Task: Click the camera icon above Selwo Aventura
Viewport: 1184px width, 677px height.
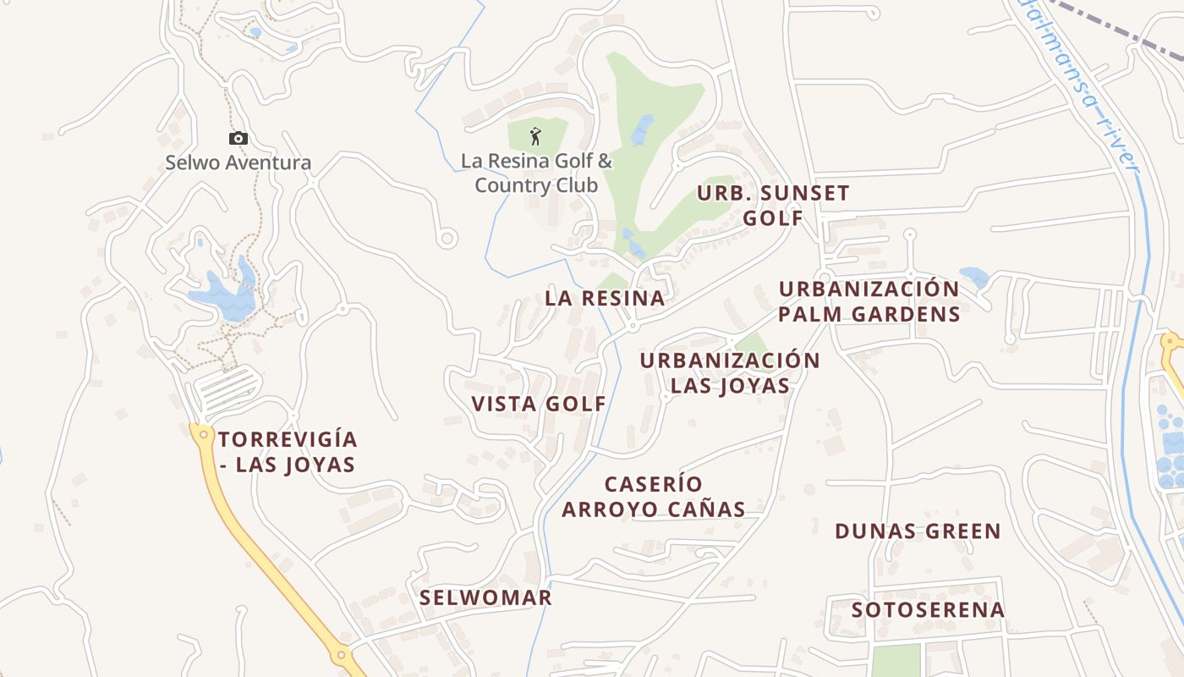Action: (238, 138)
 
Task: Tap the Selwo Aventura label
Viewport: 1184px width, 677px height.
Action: (238, 162)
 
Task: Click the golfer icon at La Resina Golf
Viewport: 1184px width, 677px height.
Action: (534, 135)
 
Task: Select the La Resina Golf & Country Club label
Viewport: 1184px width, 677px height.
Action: (536, 173)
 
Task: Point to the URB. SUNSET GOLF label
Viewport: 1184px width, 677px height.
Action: (773, 205)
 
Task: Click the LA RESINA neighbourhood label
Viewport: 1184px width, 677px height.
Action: (605, 298)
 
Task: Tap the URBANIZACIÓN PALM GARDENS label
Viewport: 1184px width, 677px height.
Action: (869, 301)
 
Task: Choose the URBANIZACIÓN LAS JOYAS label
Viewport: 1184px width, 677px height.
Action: (730, 372)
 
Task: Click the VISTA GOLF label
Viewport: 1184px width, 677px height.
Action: (539, 404)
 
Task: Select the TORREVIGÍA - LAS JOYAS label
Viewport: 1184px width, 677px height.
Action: (288, 452)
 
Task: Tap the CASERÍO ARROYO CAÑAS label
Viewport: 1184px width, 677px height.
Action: (654, 497)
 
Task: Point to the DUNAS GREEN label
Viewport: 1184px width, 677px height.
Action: (918, 531)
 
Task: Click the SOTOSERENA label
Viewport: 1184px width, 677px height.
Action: (928, 609)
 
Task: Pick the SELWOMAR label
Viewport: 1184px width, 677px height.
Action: (485, 597)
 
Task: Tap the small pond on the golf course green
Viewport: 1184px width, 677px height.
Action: (642, 129)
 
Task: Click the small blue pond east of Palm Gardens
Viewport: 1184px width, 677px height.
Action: (974, 276)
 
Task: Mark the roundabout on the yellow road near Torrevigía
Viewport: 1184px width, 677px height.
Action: (201, 433)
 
